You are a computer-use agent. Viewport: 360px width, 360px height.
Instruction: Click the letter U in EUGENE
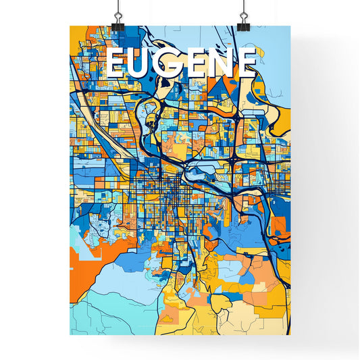[x=144, y=64]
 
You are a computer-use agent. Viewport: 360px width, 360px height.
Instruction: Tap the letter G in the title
[x=172, y=64]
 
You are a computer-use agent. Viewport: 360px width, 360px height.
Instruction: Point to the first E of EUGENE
[x=116, y=64]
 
